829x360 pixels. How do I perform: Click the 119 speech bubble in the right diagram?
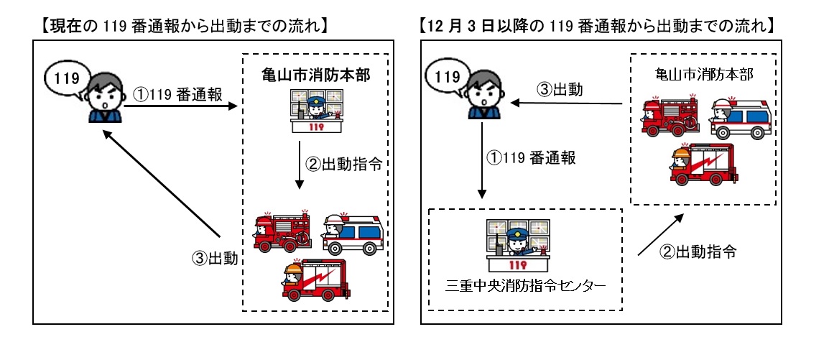[448, 75]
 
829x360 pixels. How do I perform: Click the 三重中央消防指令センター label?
[525, 285]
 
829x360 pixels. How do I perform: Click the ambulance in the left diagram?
[353, 233]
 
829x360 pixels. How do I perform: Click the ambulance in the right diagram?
[740, 118]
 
